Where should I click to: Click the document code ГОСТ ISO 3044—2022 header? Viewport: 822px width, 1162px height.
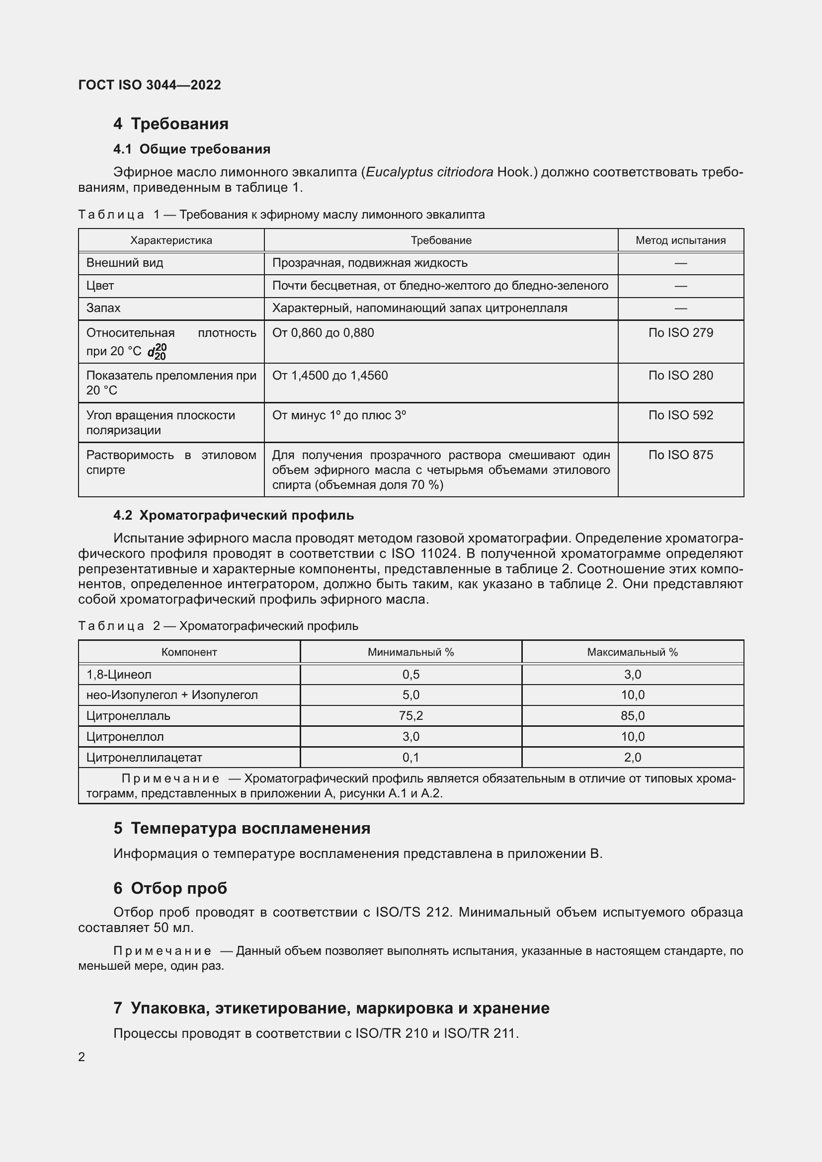[149, 85]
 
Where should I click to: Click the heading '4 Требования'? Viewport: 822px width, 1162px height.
[170, 124]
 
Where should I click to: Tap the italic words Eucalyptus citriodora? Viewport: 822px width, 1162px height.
[429, 172]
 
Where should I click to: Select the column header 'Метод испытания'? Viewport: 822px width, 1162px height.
[680, 240]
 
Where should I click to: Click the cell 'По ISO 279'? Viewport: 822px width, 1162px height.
[680, 333]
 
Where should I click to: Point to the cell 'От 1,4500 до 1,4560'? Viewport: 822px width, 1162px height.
[330, 376]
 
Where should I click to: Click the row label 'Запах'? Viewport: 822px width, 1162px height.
[103, 308]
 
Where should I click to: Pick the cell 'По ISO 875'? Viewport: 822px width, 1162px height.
[680, 455]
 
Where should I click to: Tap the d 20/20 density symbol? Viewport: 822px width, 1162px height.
[158, 351]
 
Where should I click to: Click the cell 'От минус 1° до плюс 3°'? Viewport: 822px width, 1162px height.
[339, 415]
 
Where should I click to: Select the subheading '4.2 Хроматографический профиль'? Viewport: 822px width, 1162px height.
[234, 515]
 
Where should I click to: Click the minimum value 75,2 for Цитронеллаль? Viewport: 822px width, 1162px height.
[411, 715]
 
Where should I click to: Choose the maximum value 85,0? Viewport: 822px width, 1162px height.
[632, 715]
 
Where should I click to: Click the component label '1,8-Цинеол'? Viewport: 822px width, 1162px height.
[119, 675]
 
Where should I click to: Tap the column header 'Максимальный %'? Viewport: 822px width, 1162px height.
[632, 652]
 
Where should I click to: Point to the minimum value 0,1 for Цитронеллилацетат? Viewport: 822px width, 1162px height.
[411, 757]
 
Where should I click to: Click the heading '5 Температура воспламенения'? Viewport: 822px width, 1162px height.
[242, 828]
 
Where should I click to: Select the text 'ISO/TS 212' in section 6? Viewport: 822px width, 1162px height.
[412, 912]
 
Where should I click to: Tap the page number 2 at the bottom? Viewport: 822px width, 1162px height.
[82, 1057]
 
